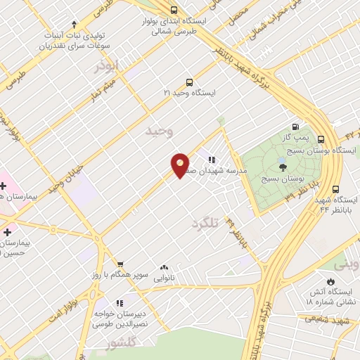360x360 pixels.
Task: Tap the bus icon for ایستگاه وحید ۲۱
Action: click(188, 82)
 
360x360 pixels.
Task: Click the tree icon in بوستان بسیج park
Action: click(283, 167)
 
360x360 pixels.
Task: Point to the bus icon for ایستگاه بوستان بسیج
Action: click(321, 139)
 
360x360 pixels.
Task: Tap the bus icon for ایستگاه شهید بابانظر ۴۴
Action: click(335, 190)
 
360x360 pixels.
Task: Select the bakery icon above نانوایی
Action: click(165, 267)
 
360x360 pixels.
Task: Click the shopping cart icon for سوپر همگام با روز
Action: click(120, 264)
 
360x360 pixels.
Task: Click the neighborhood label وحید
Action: click(158, 131)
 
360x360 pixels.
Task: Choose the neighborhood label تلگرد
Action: click(205, 224)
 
